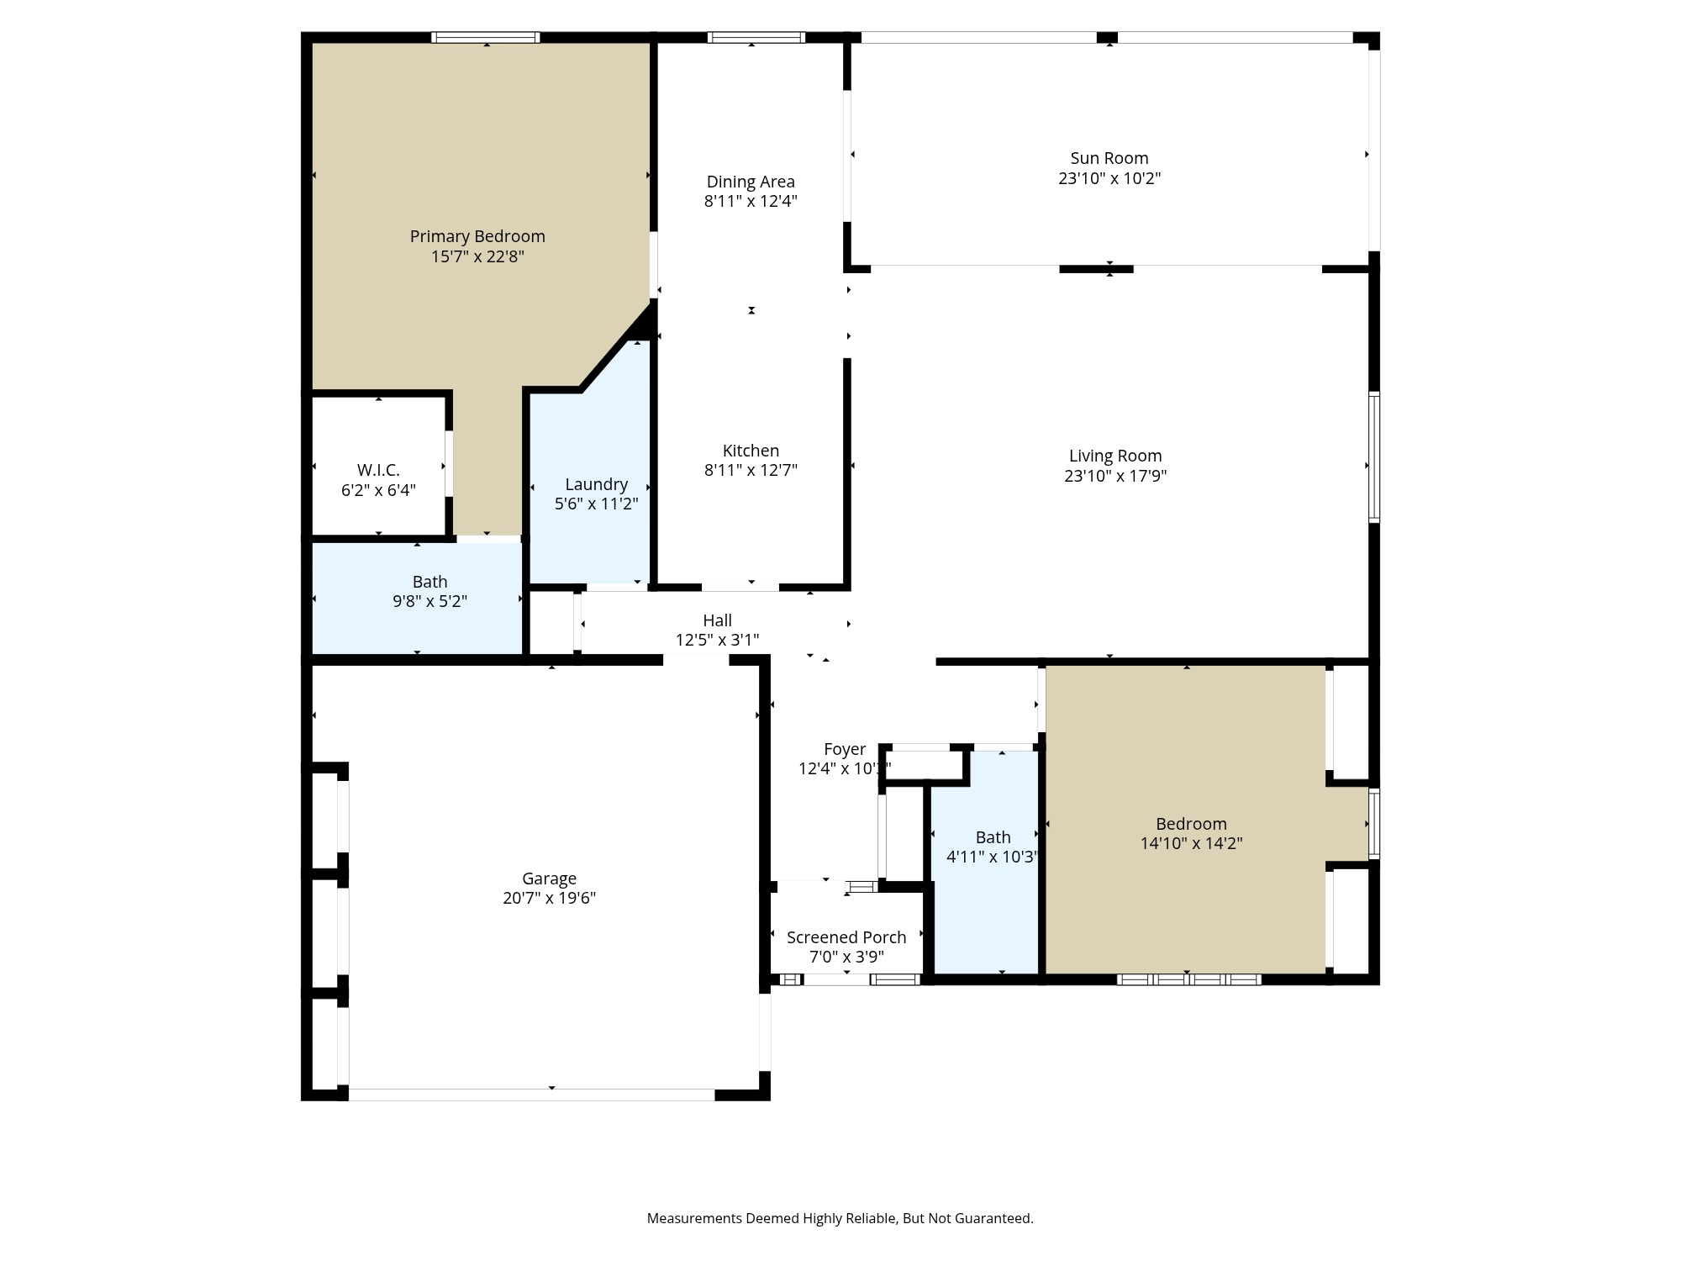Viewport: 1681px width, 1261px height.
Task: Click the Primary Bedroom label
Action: (477, 236)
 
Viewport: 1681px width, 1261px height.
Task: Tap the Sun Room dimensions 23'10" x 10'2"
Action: (1109, 178)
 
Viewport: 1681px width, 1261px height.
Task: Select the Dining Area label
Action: (751, 182)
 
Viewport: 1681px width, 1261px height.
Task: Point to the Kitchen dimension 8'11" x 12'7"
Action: (751, 470)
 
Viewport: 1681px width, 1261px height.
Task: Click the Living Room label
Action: (1115, 456)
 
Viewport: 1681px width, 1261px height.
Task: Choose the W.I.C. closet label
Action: (378, 470)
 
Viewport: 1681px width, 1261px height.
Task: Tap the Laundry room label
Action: (596, 484)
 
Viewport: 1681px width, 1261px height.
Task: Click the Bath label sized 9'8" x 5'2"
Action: (429, 582)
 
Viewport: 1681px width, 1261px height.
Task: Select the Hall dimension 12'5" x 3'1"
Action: (717, 640)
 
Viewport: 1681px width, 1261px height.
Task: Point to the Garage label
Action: (549, 878)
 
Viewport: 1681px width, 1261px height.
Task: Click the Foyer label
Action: (844, 749)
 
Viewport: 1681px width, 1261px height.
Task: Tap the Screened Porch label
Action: (846, 937)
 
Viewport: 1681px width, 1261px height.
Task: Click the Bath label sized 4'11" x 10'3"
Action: (993, 837)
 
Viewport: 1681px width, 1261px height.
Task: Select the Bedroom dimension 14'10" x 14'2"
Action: (1191, 843)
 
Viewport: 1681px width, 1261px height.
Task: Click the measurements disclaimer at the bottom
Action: (840, 1218)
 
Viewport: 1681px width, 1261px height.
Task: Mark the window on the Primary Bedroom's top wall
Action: (485, 37)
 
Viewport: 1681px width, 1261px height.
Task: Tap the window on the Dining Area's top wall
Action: (756, 37)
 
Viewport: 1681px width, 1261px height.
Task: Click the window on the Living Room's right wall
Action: (1373, 457)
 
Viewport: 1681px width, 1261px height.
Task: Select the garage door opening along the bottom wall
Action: (531, 1095)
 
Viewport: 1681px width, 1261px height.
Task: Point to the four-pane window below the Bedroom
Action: (1188, 979)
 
